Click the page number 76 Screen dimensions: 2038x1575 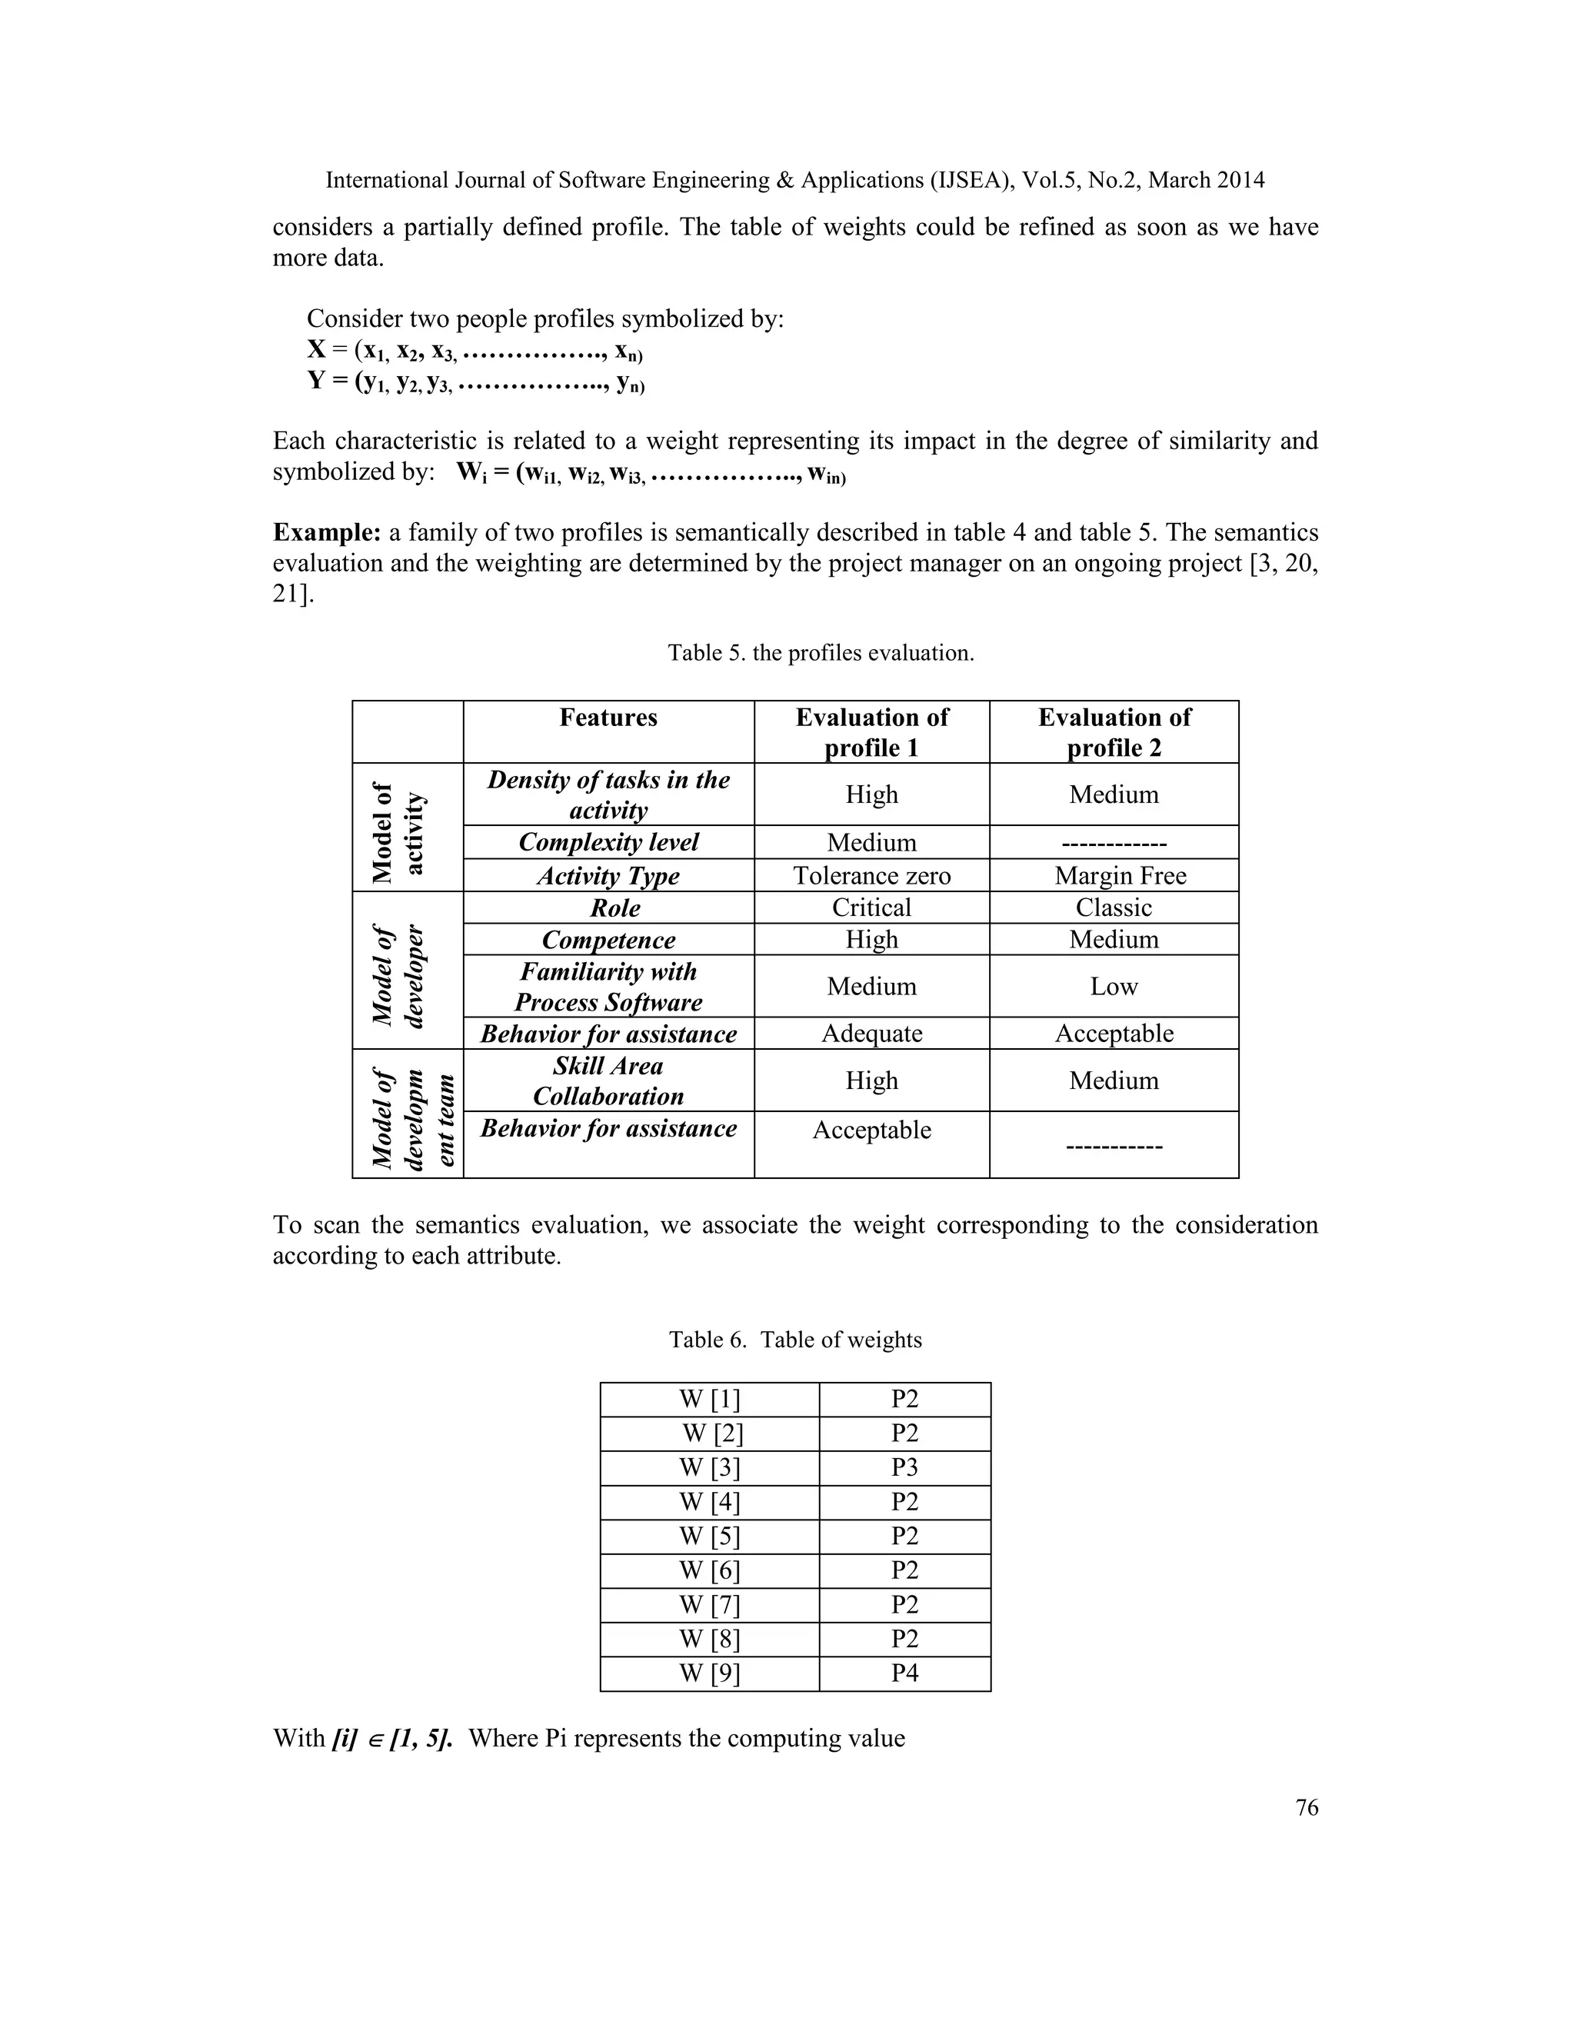pos(1307,1807)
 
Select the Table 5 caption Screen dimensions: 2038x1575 pos(820,653)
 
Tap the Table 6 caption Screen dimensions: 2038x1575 pos(795,1340)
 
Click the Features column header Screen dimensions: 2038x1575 pos(608,718)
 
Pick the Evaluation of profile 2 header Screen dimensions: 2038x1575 pos(1114,732)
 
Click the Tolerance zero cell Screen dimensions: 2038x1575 pos(871,875)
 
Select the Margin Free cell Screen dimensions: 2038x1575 pos(1120,875)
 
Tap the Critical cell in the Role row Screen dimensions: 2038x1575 pos(871,907)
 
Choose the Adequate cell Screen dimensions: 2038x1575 pos(871,1033)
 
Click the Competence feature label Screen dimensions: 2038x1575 pos(608,940)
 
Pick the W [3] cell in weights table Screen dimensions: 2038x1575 pos(709,1468)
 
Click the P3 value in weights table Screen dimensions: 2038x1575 pos(904,1468)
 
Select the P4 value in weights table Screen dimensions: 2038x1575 pos(904,1673)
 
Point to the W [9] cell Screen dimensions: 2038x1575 pos(709,1673)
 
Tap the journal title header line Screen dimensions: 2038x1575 pos(795,180)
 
